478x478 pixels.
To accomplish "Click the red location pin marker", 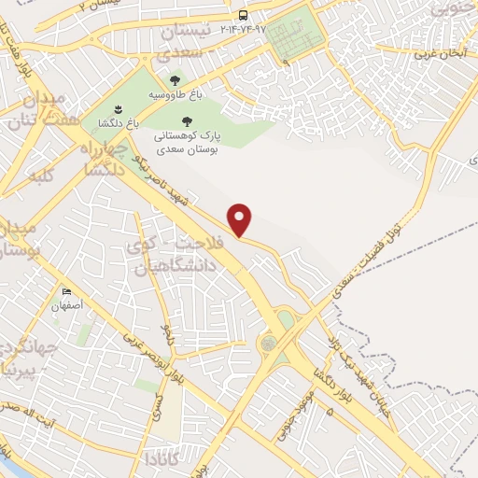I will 241,219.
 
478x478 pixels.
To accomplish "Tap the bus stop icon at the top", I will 243,15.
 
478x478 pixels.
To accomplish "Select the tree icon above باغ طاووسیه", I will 175,81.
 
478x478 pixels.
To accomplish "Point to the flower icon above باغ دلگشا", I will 118,111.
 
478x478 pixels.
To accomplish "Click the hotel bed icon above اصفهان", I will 66,291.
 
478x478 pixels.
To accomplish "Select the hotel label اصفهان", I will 67,304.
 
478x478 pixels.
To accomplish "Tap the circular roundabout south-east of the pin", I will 269,344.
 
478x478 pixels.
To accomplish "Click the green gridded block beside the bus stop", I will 298,37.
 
